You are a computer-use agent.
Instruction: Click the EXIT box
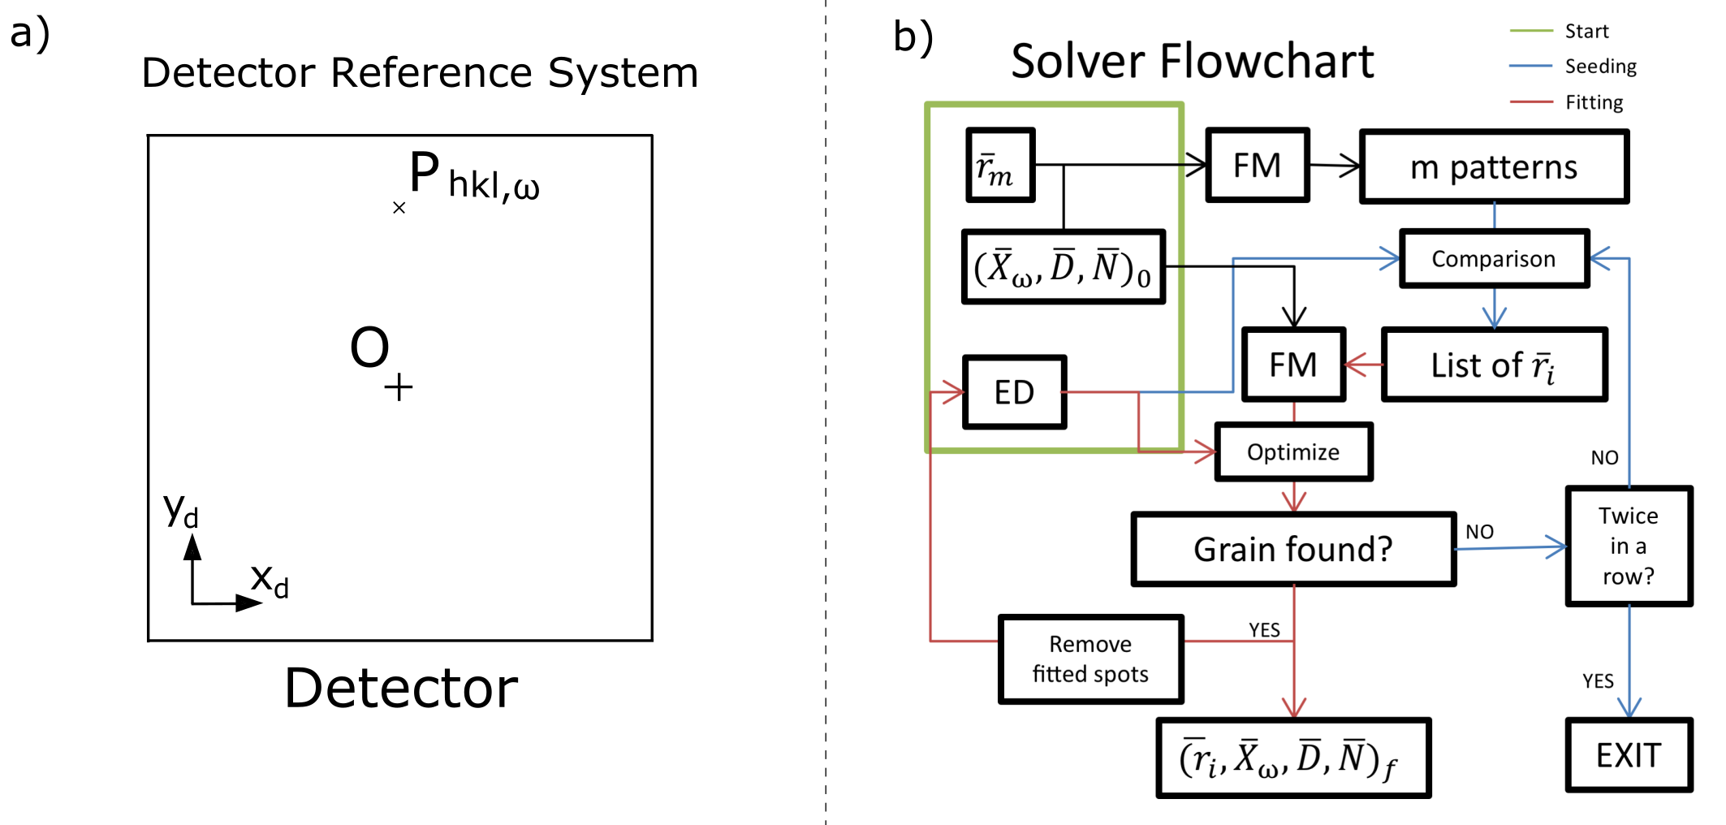(x=1629, y=755)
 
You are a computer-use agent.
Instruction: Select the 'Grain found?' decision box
(x=1293, y=549)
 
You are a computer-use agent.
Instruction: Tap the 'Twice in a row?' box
(x=1629, y=546)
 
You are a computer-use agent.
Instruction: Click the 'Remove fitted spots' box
(x=1090, y=659)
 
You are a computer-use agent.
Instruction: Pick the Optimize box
(x=1293, y=451)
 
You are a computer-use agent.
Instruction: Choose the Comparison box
(x=1494, y=259)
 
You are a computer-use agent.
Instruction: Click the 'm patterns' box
(x=1494, y=166)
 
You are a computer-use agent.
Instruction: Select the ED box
(x=1014, y=392)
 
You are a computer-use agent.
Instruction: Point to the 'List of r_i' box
(x=1494, y=365)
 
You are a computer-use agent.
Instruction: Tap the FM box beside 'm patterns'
(x=1257, y=165)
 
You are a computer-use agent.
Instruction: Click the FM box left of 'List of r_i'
(x=1293, y=365)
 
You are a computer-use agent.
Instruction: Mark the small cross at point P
(x=399, y=208)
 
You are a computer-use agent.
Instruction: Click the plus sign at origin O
(x=398, y=387)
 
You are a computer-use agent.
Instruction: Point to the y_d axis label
(x=180, y=511)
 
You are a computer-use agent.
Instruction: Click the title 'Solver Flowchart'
(x=1192, y=61)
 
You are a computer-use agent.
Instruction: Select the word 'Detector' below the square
(x=401, y=688)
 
